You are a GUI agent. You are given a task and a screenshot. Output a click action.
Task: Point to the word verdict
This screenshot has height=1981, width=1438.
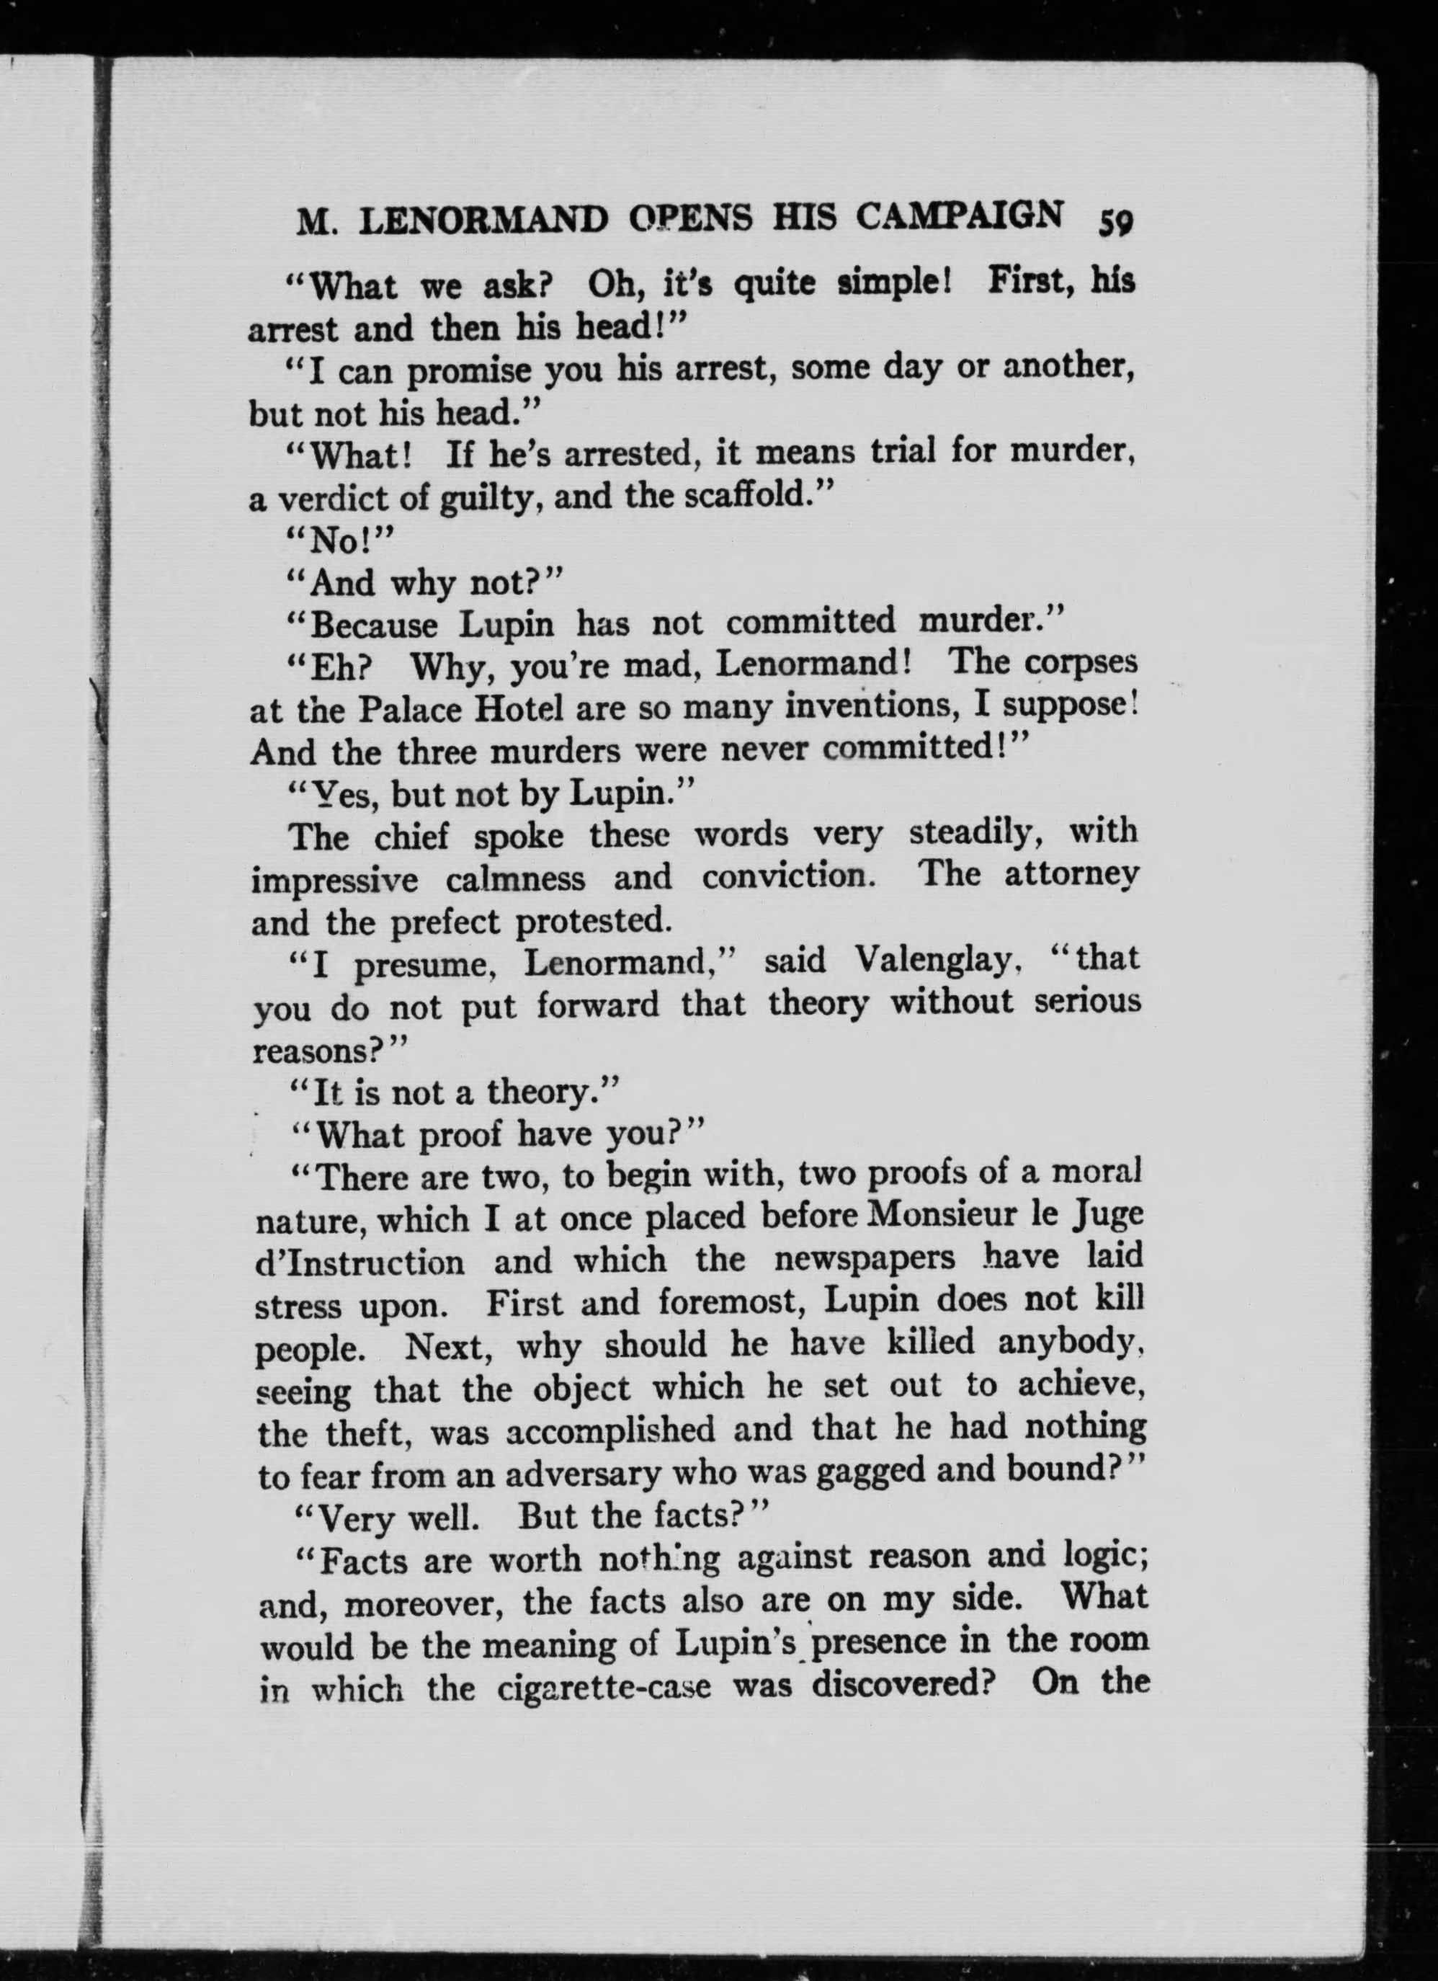point(330,498)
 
